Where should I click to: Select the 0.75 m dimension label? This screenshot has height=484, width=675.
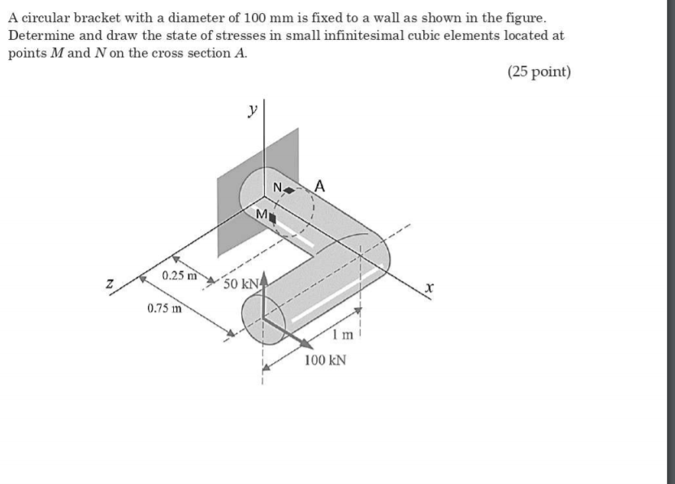tap(165, 308)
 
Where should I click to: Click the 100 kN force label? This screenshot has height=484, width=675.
tap(325, 359)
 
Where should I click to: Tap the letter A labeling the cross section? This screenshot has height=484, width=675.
tap(319, 185)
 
